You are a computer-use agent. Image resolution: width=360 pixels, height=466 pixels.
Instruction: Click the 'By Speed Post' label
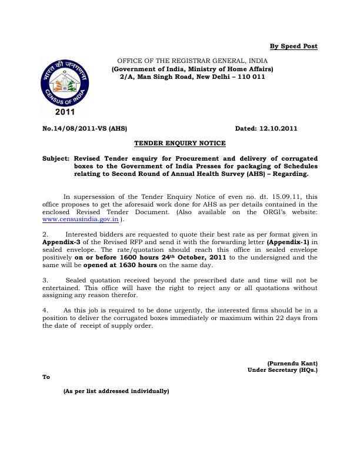tap(293, 46)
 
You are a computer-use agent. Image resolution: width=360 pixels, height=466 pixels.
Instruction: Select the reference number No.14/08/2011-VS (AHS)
tap(85, 128)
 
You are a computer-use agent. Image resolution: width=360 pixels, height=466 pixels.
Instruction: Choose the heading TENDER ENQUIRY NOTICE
tap(179, 143)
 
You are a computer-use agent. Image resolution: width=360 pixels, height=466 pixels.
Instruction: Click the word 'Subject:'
tap(56, 159)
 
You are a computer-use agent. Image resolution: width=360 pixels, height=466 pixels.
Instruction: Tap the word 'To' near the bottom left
tap(46, 378)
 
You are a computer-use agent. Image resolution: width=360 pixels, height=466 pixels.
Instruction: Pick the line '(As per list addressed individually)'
tap(116, 391)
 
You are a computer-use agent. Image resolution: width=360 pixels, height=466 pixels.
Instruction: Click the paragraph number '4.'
tap(46, 310)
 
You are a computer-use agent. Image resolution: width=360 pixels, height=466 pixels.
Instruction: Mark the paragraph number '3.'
tap(46, 280)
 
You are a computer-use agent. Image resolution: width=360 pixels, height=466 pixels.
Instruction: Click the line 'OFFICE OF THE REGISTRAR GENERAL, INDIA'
tap(192, 61)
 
